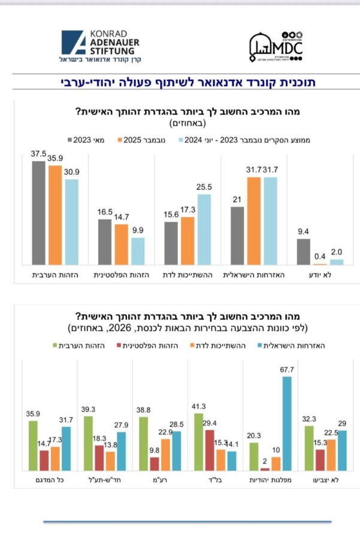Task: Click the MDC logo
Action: point(276,47)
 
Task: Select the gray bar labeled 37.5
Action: point(38,213)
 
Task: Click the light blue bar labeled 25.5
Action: point(204,229)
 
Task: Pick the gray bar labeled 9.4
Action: point(303,252)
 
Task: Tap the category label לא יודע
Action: point(320,274)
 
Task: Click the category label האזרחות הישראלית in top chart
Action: point(254,274)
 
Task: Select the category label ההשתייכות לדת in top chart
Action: point(188,274)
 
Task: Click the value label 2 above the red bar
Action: point(264,462)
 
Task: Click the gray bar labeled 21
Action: point(237,235)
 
